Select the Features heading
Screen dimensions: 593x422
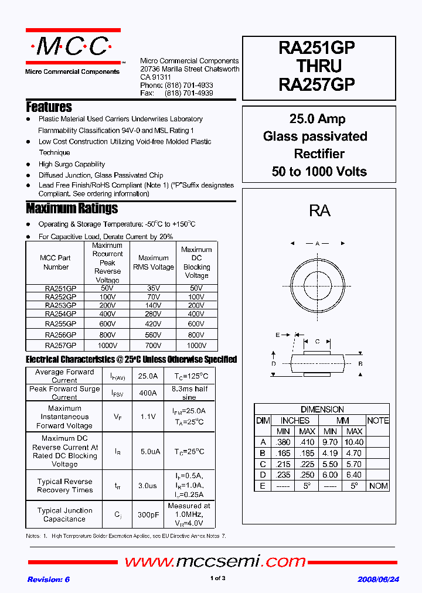(49, 107)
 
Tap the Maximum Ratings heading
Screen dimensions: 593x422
(72, 209)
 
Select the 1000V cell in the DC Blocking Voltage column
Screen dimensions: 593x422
(196, 345)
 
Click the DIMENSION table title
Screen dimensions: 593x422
(322, 410)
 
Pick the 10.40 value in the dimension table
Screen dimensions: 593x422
(354, 442)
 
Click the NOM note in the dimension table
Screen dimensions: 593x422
(378, 486)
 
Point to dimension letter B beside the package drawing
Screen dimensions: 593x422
(361, 364)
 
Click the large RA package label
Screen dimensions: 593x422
(319, 211)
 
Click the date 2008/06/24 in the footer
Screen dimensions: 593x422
(379, 579)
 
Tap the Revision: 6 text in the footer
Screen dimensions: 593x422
(49, 579)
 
